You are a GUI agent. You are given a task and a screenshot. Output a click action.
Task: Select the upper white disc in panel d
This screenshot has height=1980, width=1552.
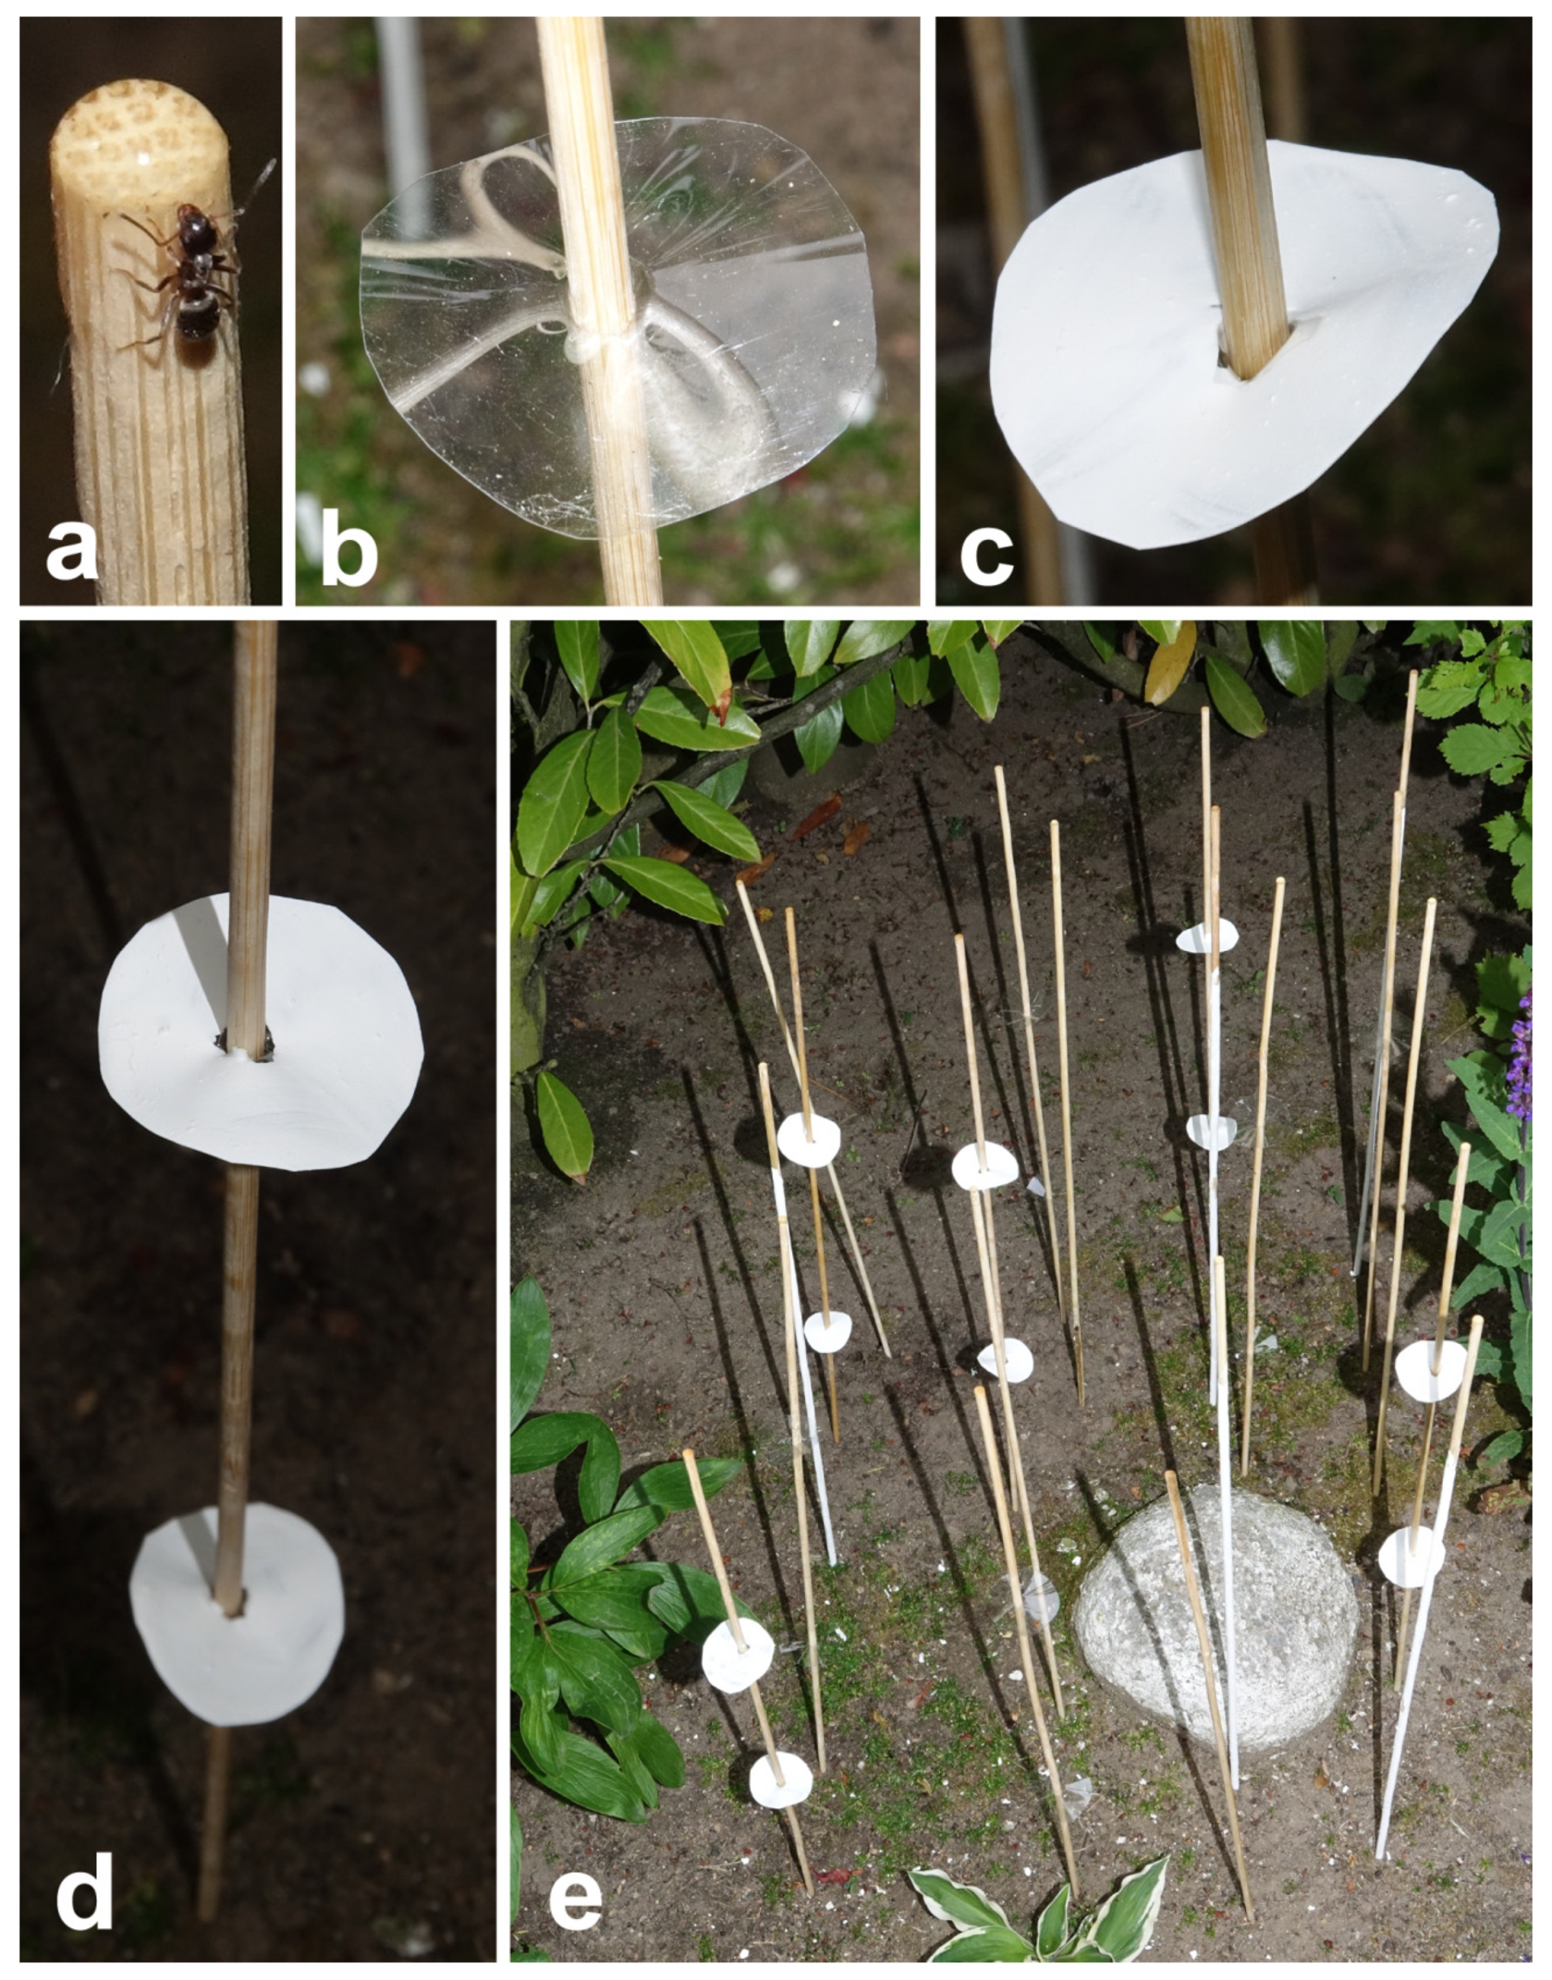[261, 1031]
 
